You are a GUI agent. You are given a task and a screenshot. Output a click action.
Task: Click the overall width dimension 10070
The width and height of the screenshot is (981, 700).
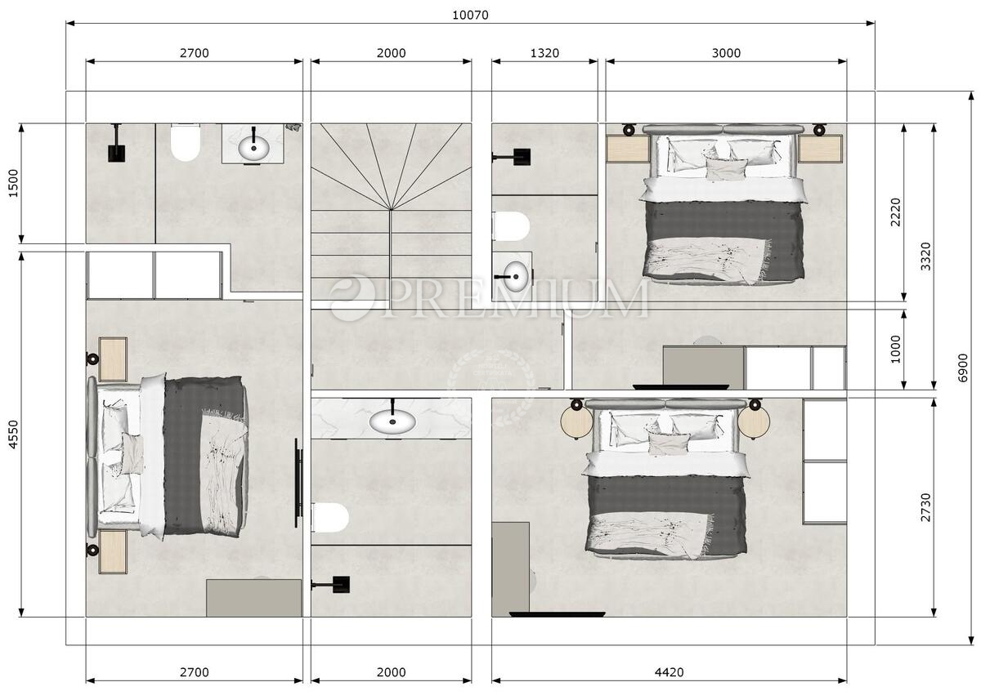tap(470, 16)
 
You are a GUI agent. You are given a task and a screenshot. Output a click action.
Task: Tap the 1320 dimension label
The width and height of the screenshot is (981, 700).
tap(544, 53)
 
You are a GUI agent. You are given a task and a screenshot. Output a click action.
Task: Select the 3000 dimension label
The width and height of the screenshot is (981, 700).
tap(726, 53)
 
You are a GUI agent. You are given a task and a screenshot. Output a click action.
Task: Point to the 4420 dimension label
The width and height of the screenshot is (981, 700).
tap(670, 672)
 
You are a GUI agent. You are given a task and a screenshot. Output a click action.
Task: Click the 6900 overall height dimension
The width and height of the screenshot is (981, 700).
tap(963, 368)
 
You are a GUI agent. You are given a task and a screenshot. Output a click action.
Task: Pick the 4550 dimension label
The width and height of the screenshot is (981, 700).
tap(14, 434)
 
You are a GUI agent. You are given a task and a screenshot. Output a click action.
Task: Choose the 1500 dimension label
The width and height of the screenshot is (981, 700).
tap(14, 183)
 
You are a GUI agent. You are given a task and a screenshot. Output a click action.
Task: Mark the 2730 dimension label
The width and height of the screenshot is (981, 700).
tap(925, 507)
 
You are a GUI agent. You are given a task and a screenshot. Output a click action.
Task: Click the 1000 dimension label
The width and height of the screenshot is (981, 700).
tap(896, 349)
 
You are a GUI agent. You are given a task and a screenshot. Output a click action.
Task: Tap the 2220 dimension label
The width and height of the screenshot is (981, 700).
tap(896, 212)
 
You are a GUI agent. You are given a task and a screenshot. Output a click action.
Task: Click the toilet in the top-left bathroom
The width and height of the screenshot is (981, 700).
tap(186, 142)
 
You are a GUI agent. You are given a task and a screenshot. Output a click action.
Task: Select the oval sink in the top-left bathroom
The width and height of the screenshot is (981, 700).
tap(254, 148)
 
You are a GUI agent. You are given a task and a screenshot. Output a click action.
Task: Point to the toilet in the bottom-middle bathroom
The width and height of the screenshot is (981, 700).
tap(330, 518)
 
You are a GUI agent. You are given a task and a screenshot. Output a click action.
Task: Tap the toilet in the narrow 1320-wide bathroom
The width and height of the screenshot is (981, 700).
tap(511, 226)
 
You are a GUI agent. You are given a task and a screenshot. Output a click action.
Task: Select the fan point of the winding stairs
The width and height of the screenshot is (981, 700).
tap(391, 210)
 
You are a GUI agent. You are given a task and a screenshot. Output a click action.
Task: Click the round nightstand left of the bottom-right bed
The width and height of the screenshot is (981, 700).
tap(577, 421)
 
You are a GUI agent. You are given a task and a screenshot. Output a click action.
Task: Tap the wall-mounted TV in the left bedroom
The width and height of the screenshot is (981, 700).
tap(298, 483)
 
